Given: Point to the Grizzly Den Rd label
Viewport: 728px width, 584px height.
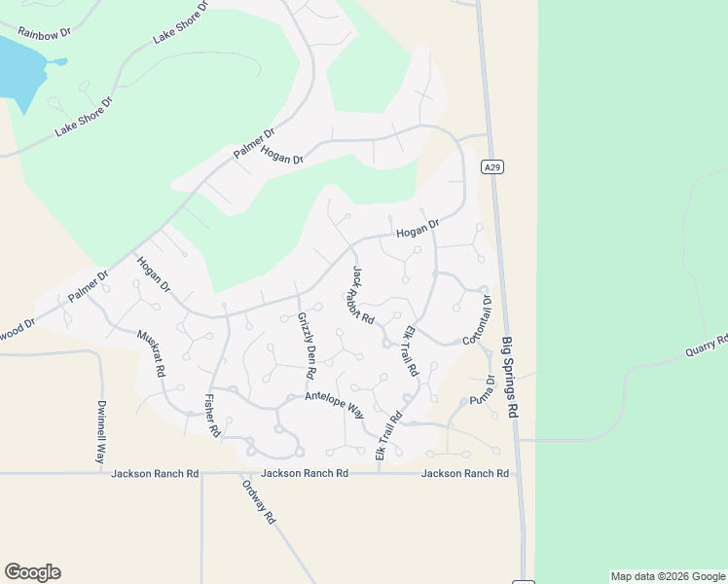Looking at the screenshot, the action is pyautogui.click(x=307, y=346).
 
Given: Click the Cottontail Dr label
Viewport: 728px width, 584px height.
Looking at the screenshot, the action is pyautogui.click(x=478, y=320).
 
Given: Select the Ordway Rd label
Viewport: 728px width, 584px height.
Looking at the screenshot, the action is pyautogui.click(x=258, y=500).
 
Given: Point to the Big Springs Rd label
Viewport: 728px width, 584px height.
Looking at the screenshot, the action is pyautogui.click(x=511, y=378).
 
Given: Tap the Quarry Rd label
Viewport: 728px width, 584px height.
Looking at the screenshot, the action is pyautogui.click(x=707, y=347).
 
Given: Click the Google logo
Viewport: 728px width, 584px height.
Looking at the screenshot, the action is pyautogui.click(x=32, y=572).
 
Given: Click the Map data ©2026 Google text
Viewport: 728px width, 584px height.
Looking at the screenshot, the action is pyautogui.click(x=669, y=576).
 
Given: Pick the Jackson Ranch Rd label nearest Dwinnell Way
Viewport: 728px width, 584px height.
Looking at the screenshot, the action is pyautogui.click(x=155, y=474).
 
